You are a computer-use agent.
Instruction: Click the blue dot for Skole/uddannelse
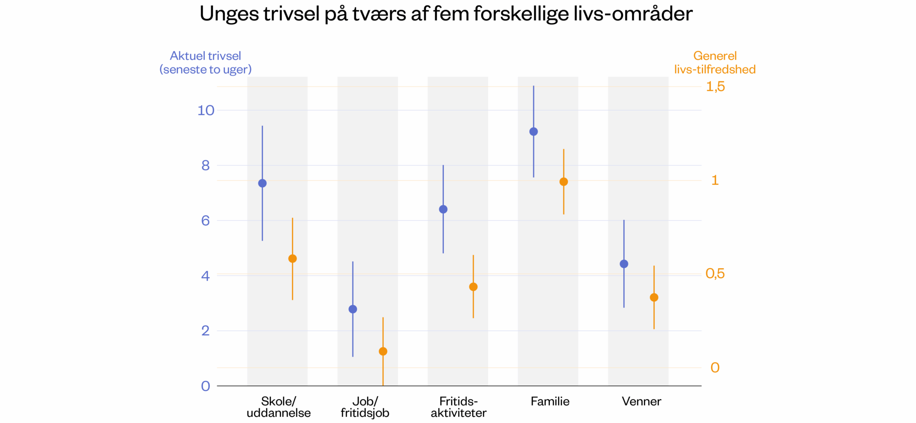point(263,183)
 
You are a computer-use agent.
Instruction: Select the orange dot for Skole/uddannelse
point(293,259)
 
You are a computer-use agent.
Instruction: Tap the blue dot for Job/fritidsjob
point(353,309)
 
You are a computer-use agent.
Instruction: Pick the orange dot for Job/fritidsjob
point(383,351)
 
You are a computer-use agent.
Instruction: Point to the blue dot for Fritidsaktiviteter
point(443,209)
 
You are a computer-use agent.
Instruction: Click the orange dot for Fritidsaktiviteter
point(473,287)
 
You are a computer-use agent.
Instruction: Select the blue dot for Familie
point(534,132)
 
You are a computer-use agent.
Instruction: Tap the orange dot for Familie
point(564,182)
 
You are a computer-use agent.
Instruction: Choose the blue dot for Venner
point(624,264)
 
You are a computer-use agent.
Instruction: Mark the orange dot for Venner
point(654,298)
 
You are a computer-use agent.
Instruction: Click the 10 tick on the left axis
point(206,111)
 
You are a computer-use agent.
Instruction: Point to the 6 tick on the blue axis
point(205,221)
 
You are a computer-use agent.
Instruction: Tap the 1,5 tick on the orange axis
point(715,86)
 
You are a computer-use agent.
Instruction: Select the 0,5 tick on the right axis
point(715,273)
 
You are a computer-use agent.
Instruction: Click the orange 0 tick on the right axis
point(715,367)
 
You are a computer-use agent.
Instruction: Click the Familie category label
point(550,402)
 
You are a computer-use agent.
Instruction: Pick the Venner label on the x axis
point(641,402)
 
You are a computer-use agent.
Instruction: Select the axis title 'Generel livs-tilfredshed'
point(715,63)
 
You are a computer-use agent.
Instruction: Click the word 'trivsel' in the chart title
point(291,14)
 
